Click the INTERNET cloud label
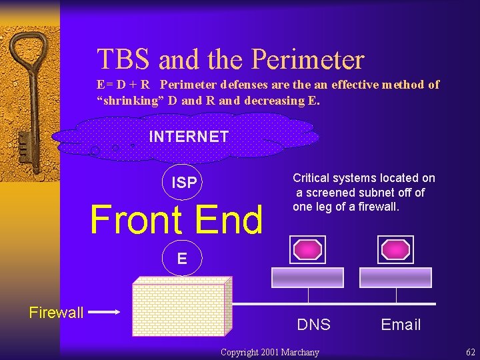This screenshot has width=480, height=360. click(x=189, y=137)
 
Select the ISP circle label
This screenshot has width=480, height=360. click(x=184, y=182)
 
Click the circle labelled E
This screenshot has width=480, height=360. click(x=182, y=258)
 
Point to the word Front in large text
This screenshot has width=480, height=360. click(x=136, y=220)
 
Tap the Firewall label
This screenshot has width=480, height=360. click(x=56, y=312)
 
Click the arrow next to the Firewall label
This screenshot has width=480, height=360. click(x=104, y=311)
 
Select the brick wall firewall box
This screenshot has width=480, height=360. click(x=182, y=305)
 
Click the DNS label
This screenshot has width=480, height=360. click(x=313, y=325)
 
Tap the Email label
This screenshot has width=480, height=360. click(x=401, y=325)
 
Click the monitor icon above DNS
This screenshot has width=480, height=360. click(x=307, y=250)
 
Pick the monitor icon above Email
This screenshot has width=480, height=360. click(x=396, y=250)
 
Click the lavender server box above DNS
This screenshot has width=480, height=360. click(x=307, y=277)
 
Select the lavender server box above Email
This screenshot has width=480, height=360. click(x=396, y=277)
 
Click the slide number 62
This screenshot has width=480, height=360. click(x=471, y=351)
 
